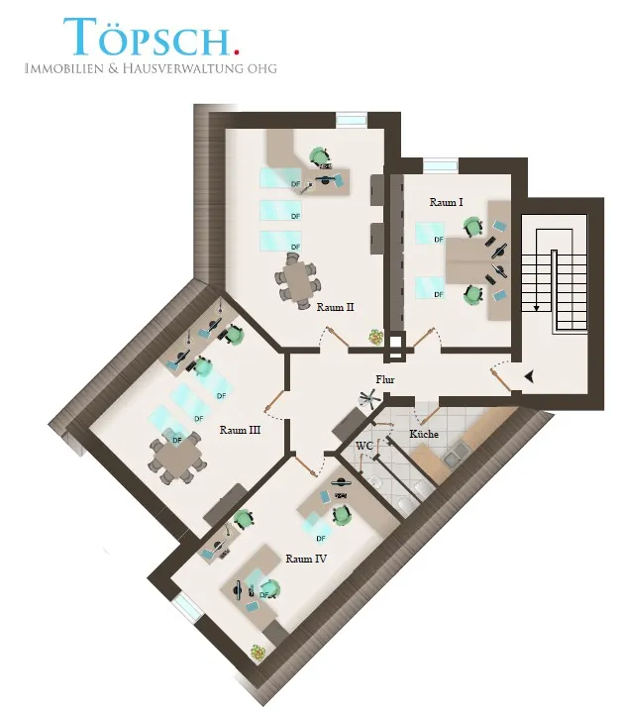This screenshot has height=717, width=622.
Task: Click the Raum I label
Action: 446,202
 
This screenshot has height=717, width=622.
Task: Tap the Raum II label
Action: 335,307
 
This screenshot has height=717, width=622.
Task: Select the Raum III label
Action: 240,430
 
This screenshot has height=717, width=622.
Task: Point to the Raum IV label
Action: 306,559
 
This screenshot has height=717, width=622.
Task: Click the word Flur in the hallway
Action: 385,379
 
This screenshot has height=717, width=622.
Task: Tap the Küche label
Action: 424,434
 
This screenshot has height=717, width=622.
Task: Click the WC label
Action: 364,446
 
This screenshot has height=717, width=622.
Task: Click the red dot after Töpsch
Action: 236,51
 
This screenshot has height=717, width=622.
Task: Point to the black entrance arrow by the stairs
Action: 530,376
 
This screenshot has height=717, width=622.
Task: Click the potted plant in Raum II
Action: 376,337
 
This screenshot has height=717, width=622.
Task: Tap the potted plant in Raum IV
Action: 258,652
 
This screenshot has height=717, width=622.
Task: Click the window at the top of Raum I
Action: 440,165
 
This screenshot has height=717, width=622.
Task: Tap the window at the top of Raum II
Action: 352,119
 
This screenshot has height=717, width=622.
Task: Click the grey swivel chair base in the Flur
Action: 370,398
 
